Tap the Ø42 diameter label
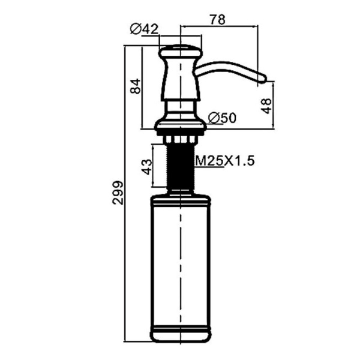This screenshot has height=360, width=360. click(x=144, y=29)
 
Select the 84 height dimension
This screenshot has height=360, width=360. click(x=136, y=86)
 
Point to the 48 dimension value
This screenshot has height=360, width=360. click(x=266, y=106)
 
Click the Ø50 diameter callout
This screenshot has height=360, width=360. click(x=222, y=118)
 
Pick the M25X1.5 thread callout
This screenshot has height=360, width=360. click(x=224, y=161)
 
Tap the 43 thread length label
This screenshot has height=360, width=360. click(x=147, y=167)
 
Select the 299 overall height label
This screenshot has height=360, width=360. click(x=118, y=193)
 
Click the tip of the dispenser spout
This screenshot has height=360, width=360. click(x=266, y=78)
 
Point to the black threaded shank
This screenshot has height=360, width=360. click(x=181, y=166)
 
